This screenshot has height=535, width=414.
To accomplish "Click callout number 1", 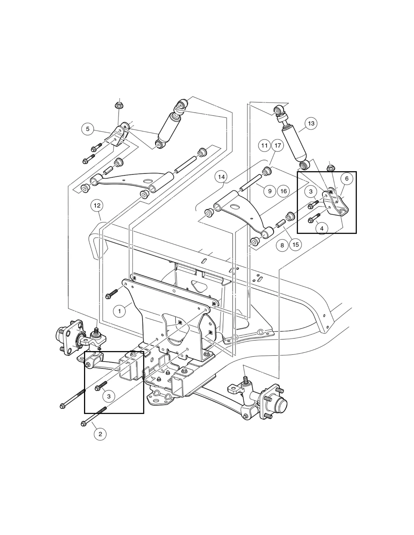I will [x=119, y=311].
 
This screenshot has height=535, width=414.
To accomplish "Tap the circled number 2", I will [x=100, y=434].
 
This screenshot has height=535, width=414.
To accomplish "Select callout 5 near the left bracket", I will [x=88, y=129].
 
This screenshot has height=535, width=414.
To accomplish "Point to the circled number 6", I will [x=347, y=178].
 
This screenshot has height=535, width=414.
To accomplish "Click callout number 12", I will [x=97, y=206].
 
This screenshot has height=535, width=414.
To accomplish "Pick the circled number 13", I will [x=311, y=123].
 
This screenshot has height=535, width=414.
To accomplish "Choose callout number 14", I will [x=221, y=177].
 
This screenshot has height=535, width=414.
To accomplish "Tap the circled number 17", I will [x=277, y=145].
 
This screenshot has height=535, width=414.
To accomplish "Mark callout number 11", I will [x=264, y=145].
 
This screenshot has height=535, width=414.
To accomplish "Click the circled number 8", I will [x=282, y=245].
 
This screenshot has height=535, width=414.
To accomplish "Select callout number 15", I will [x=296, y=245].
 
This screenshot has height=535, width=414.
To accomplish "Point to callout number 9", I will [x=270, y=191].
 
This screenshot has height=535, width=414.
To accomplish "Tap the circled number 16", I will [x=284, y=191].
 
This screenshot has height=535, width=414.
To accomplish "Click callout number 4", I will [x=322, y=228].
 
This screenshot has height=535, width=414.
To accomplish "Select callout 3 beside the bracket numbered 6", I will [x=311, y=192].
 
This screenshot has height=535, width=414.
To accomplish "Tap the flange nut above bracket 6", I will [x=331, y=168].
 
